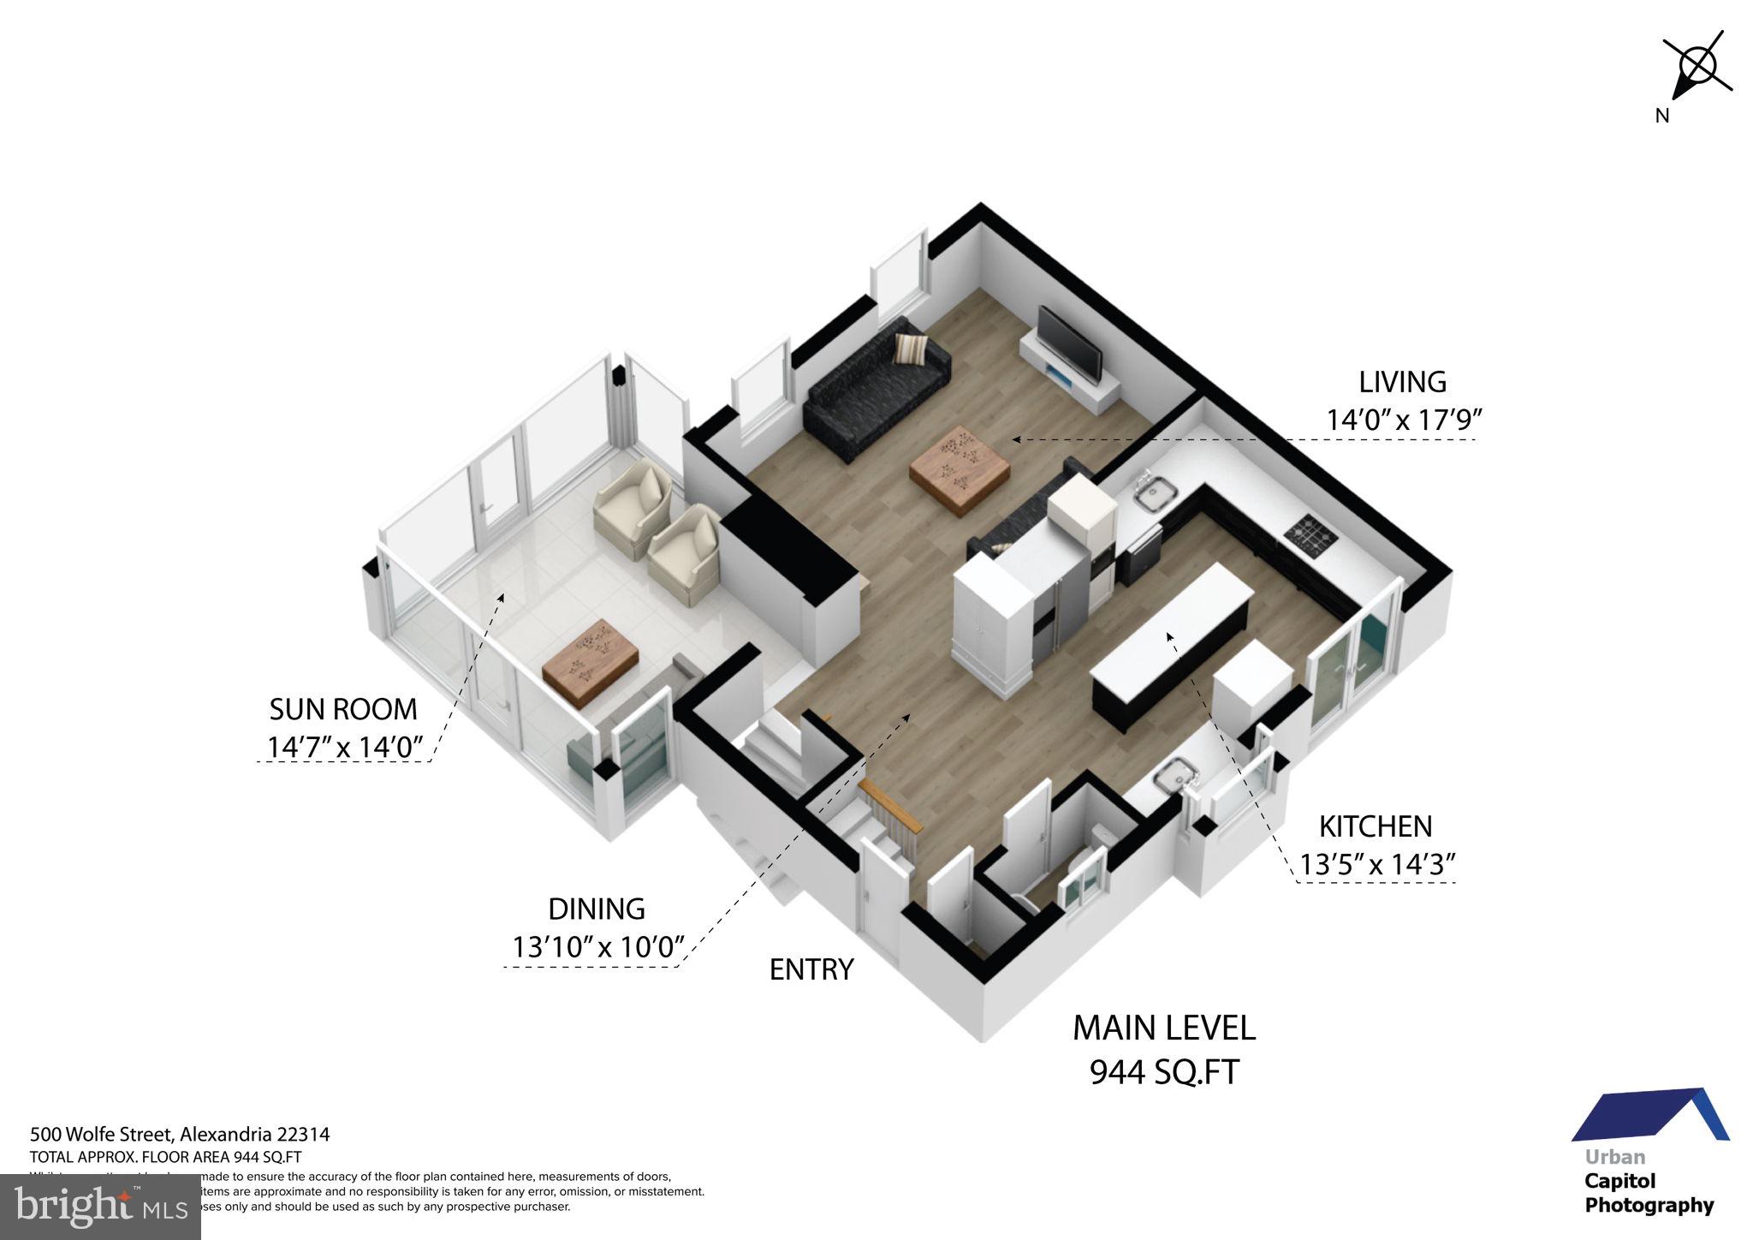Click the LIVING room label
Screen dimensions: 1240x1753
1402,381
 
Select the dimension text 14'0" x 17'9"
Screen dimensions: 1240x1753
1403,420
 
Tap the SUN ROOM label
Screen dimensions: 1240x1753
343,709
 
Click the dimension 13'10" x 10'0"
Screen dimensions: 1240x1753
598,946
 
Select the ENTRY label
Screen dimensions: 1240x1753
811,969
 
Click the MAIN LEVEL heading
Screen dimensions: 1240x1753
1163,1027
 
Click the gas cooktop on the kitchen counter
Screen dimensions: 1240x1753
1310,536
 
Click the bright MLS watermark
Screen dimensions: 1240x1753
100,1207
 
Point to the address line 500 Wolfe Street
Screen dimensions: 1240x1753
180,1135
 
